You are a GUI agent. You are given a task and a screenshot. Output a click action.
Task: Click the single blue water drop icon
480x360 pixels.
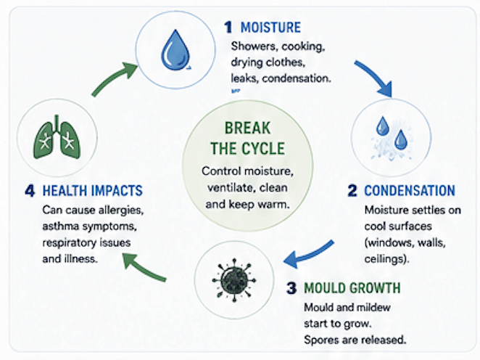[175, 50]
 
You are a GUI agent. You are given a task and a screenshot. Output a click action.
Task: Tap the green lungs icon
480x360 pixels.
[57, 138]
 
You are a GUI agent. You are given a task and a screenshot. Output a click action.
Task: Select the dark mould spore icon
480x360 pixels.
[234, 280]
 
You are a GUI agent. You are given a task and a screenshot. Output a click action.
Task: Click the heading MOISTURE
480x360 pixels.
[270, 28]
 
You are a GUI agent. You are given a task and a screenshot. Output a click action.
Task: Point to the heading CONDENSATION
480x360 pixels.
[410, 191]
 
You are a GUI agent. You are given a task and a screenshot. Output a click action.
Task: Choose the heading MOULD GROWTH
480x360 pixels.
[352, 288]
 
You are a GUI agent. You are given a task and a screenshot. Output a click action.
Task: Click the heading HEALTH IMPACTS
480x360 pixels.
[93, 191]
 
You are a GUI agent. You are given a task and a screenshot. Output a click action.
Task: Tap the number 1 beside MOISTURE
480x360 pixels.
[228, 28]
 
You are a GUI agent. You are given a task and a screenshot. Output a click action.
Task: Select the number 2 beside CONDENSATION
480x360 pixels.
[352, 191]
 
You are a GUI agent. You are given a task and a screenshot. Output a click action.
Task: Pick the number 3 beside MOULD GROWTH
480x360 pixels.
[291, 288]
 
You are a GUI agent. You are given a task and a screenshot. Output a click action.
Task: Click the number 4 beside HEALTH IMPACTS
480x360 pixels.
[30, 191]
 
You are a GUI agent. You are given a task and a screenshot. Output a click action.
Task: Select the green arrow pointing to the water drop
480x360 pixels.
[114, 78]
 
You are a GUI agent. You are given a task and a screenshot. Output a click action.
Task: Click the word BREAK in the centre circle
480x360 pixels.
[248, 128]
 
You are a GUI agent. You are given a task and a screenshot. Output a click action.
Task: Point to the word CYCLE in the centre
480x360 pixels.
[263, 149]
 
